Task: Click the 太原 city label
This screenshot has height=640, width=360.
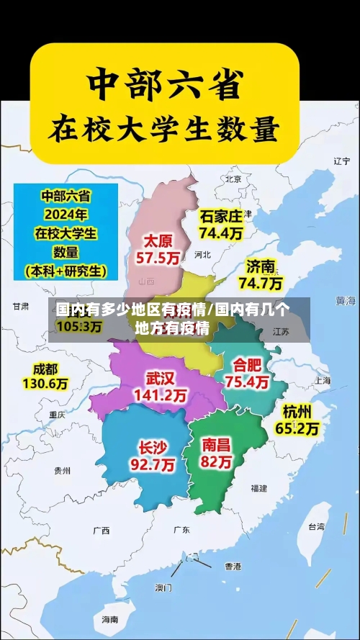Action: tap(158, 240)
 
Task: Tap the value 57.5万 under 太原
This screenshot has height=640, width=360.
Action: tap(158, 257)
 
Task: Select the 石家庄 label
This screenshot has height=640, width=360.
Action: tap(221, 216)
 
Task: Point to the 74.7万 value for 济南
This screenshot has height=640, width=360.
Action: tap(260, 283)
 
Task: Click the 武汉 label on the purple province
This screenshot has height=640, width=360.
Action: tap(160, 378)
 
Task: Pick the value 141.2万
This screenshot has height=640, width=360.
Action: tap(160, 395)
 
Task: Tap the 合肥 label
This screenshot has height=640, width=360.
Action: tap(246, 365)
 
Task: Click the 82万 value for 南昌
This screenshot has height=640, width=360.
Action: tap(216, 463)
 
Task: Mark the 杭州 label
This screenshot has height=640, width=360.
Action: tap(297, 412)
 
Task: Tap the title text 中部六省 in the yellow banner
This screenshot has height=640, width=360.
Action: tap(163, 84)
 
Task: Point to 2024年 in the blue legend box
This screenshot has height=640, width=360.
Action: tap(65, 214)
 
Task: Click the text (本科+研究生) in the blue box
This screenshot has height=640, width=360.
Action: tap(65, 271)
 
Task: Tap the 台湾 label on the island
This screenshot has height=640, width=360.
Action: tap(316, 526)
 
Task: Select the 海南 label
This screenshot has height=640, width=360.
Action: tap(109, 619)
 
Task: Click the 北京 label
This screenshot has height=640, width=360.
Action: tap(233, 179)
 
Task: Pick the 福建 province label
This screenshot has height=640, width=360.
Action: tap(259, 488)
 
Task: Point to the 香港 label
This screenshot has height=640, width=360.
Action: tap(233, 566)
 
